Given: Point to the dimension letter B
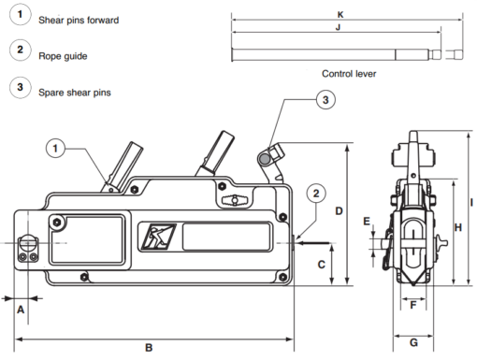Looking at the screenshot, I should click(149, 348).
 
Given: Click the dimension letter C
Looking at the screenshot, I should click(321, 265).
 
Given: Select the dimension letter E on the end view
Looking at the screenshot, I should click(368, 222).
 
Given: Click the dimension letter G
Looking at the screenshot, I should click(413, 342).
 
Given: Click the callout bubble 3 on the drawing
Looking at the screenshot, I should click(323, 100).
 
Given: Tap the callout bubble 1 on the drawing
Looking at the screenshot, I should click(57, 147).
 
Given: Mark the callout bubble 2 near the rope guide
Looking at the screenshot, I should click(317, 194).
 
